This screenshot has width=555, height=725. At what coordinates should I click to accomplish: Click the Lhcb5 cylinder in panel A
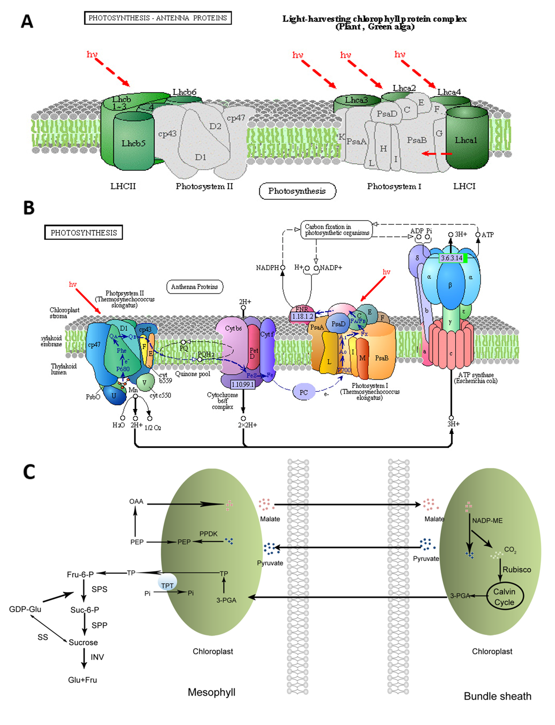[133, 143]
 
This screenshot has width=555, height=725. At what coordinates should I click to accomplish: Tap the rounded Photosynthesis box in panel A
[297, 191]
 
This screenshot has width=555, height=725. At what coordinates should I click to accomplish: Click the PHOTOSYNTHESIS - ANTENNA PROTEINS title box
[158, 18]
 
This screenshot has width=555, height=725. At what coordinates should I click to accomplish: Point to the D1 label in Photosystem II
[201, 157]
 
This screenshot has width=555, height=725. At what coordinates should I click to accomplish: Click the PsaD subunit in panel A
[387, 114]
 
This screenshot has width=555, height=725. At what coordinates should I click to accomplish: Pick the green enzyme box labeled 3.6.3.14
[452, 258]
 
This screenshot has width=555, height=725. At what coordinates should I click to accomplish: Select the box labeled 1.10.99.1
[243, 384]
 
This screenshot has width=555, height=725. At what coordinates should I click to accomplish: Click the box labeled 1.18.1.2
[302, 316]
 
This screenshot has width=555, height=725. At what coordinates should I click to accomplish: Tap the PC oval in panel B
[304, 392]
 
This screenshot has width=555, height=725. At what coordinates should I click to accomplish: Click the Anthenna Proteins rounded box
[195, 287]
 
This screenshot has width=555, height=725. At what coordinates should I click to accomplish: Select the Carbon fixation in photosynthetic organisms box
[336, 230]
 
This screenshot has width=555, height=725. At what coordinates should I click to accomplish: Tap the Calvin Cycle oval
[504, 597]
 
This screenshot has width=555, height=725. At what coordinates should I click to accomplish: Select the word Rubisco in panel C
[517, 570]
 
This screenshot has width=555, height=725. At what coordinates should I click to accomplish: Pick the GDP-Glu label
[25, 609]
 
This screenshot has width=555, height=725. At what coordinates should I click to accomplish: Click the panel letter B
[29, 208]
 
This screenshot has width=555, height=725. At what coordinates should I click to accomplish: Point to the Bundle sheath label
[498, 696]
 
